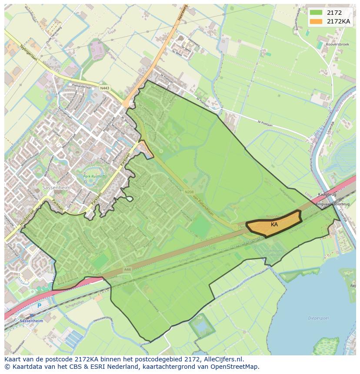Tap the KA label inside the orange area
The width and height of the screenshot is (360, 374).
coord(274,225)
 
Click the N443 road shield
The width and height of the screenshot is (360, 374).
coord(104,88)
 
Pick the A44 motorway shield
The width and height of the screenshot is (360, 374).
coord(127,270)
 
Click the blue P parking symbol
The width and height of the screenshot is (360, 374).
coord(39,306)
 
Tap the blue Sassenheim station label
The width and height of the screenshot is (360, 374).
coord(31,321)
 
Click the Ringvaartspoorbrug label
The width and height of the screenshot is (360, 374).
coord(333,203)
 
